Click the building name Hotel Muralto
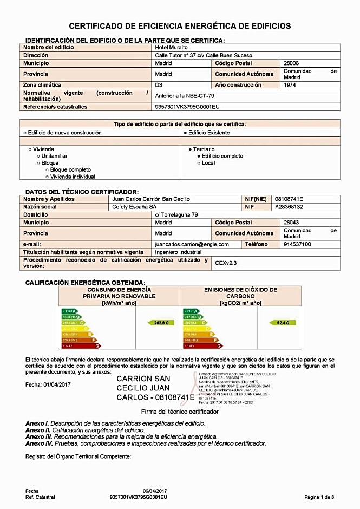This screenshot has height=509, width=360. [x=172, y=48]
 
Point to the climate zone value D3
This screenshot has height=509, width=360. [x=159, y=85]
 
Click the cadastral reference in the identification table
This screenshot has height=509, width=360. [x=187, y=107]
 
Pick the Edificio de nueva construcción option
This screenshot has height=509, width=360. [x=62, y=133]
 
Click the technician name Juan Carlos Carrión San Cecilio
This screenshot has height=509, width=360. [x=150, y=199]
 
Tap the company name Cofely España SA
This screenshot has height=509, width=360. [x=134, y=207]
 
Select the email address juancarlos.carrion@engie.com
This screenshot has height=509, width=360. [x=192, y=244]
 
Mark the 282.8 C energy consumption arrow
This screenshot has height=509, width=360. [x=161, y=323]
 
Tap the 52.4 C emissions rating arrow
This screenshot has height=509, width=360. [x=283, y=323]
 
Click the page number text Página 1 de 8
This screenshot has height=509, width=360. [x=319, y=497]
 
